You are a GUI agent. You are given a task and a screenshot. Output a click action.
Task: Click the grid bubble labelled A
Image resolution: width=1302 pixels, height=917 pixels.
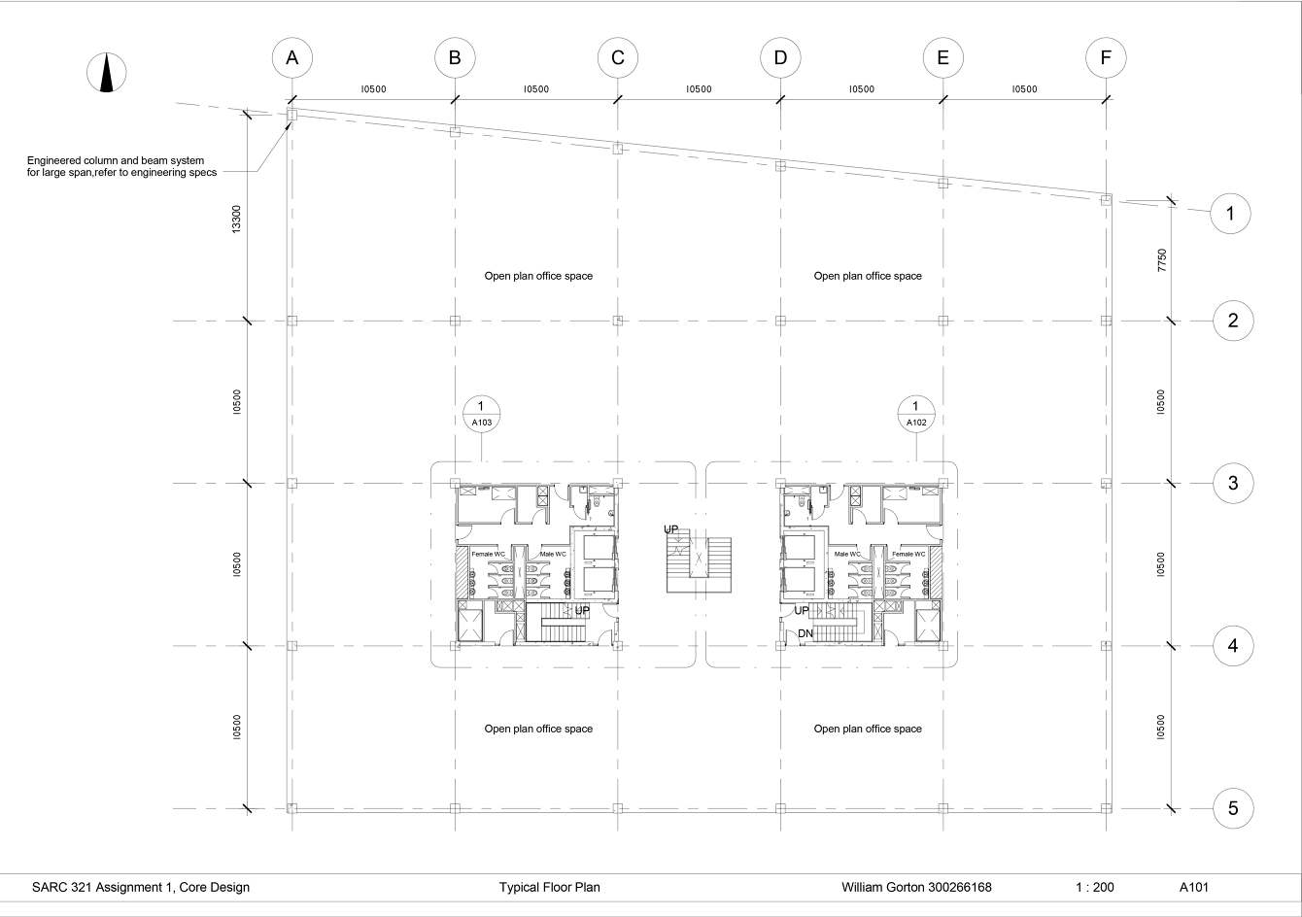click(291, 58)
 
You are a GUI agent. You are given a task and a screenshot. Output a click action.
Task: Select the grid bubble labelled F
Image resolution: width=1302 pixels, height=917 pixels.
click(1106, 58)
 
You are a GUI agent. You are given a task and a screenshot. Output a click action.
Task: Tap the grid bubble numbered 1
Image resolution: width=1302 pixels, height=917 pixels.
click(1230, 214)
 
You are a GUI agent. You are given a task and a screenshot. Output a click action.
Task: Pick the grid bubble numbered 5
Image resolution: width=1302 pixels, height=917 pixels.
click(1233, 808)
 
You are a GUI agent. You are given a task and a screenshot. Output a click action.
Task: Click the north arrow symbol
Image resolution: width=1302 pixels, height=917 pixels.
click(107, 73)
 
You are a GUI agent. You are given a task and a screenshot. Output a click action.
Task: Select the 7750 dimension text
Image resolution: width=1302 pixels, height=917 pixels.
click(1161, 262)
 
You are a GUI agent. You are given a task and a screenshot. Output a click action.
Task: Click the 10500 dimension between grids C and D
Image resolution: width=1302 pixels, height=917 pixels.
click(699, 89)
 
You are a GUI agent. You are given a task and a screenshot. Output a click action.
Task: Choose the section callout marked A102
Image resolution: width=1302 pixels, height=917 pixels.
click(915, 415)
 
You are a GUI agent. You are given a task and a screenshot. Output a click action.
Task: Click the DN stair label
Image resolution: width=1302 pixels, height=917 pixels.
click(805, 633)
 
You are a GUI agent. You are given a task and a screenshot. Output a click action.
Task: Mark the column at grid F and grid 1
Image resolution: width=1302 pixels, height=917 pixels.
click(1106, 200)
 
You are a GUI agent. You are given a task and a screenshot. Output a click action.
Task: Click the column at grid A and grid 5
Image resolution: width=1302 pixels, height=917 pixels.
click(291, 807)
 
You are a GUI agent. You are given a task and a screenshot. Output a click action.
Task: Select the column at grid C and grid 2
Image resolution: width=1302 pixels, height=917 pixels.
click(617, 321)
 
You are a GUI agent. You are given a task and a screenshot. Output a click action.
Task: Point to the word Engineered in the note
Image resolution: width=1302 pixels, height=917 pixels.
click(54, 159)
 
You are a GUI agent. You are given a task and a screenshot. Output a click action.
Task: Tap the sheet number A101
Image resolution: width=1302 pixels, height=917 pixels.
click(1194, 887)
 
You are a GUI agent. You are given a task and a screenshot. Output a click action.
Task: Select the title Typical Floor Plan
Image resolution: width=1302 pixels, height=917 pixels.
click(549, 887)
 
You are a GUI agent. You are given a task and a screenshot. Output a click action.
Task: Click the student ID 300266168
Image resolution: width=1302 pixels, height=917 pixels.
click(957, 887)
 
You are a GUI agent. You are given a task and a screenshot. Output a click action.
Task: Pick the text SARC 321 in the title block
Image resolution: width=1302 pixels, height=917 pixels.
click(58, 887)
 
